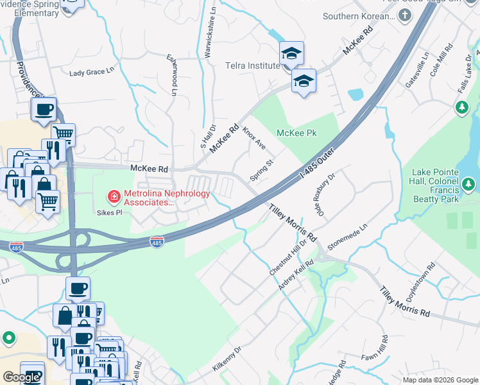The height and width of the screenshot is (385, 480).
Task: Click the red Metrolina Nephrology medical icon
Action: [114, 195]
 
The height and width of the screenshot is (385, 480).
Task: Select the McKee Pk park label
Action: [297, 133]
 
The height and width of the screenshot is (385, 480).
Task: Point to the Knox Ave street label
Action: [254, 138]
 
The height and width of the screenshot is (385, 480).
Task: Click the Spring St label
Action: [261, 171]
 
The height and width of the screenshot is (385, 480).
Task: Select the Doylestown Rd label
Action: [420, 286]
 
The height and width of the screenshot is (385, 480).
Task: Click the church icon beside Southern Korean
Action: [405, 17]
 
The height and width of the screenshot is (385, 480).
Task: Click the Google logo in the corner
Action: [21, 377]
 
